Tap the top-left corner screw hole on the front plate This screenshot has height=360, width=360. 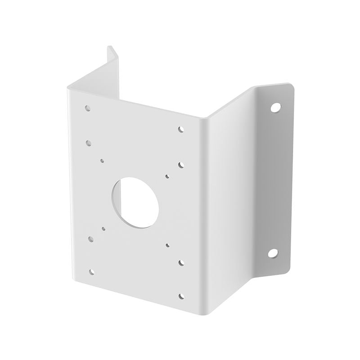(x=87, y=108)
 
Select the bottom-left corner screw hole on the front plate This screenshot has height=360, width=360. (x=92, y=271)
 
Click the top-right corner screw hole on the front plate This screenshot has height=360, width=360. (x=180, y=129)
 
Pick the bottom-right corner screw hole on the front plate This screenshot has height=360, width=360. (x=181, y=296)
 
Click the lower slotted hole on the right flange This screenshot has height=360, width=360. (x=273, y=253)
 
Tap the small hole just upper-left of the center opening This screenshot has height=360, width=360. (x=103, y=160)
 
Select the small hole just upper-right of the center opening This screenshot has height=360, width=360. (x=167, y=176)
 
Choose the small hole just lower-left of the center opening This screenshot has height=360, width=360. (x=103, y=229)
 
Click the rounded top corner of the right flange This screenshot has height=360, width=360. (x=287, y=86)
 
